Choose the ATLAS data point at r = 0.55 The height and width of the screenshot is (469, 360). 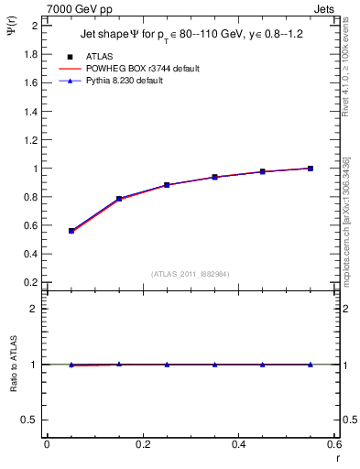[x=311, y=169]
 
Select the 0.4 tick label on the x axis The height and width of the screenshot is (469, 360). [x=238, y=444]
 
